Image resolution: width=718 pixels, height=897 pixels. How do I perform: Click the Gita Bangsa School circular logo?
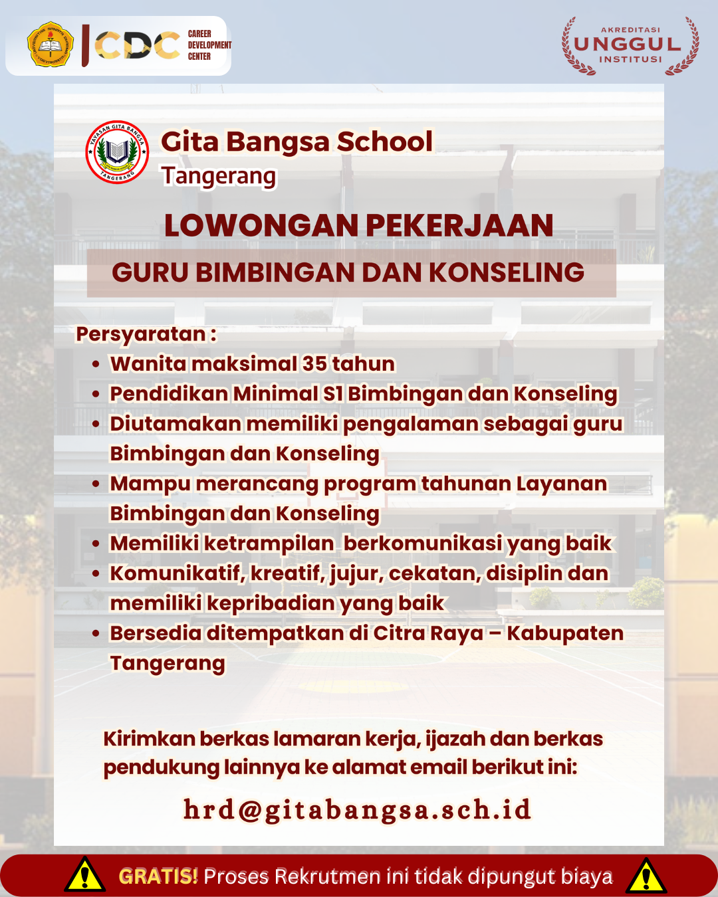[117, 153]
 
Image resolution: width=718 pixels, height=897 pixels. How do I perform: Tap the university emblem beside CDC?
[51, 45]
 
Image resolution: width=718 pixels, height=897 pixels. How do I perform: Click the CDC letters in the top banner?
[137, 45]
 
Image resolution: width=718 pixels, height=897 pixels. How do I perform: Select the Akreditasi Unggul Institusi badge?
[630, 45]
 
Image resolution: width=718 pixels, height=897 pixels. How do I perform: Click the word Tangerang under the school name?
[218, 176]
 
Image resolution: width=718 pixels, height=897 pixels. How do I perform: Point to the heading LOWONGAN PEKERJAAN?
[358, 225]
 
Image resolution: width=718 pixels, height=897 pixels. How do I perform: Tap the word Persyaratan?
[141, 334]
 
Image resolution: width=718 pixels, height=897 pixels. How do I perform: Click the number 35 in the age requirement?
[314, 363]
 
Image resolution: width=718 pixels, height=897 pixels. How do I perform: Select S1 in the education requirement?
[332, 393]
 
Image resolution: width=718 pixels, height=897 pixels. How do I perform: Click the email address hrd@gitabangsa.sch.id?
[358, 809]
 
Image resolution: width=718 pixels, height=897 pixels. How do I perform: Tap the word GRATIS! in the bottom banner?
[158, 876]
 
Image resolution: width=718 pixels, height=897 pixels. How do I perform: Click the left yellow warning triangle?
[84, 876]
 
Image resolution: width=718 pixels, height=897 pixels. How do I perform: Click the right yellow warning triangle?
[646, 876]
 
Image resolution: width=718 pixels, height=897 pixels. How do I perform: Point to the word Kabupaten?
[565, 633]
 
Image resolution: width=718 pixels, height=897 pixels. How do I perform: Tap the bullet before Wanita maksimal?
[96, 364]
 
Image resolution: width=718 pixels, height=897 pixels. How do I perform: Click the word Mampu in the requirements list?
[150, 484]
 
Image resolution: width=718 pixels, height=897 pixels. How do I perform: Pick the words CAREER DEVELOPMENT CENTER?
[209, 45]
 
